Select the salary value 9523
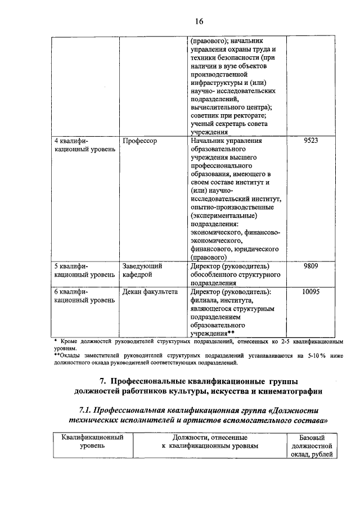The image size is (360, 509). coord(310,141)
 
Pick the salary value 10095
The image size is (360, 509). coord(310,292)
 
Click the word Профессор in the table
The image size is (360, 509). coord(139,141)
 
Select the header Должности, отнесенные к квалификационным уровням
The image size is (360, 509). coord(208,442)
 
